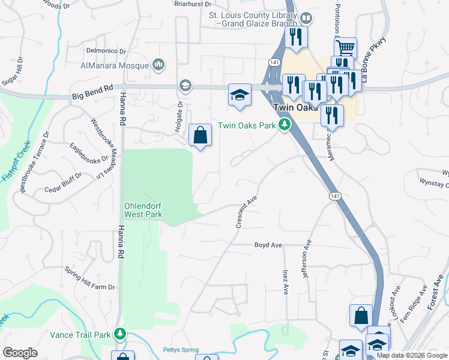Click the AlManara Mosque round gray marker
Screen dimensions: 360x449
pyautogui.click(x=159, y=64)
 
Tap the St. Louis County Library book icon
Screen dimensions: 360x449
pyautogui.click(x=307, y=18)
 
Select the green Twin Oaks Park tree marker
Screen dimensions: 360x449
pyautogui.click(x=286, y=125)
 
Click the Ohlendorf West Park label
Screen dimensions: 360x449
pyautogui.click(x=143, y=209)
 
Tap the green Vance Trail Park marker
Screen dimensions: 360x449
pyautogui.click(x=121, y=334)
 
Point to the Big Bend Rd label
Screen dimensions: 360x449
pyautogui.click(x=92, y=91)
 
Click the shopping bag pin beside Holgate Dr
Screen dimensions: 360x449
pyautogui.click(x=200, y=135)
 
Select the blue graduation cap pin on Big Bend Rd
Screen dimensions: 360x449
pyautogui.click(x=240, y=95)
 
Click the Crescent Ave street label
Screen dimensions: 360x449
pyautogui.click(x=247, y=211)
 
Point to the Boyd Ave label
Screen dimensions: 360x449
pyautogui.click(x=268, y=245)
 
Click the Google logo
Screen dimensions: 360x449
pyautogui.click(x=20, y=353)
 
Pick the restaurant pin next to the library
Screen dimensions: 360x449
pyautogui.click(x=296, y=37)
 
